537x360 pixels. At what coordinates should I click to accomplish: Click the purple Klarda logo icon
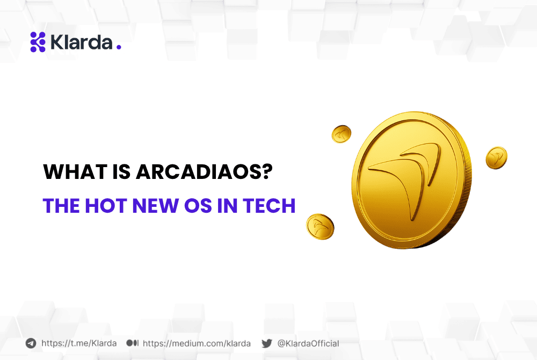point(38,42)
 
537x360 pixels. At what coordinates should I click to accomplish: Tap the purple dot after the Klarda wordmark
point(119,47)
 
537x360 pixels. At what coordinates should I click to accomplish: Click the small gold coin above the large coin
point(341,134)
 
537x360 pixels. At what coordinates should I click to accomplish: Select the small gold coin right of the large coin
point(496,157)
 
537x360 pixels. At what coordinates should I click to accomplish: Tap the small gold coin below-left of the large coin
point(320,226)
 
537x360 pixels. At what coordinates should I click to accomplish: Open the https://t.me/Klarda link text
point(79,343)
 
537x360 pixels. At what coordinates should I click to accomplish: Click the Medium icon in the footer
point(133,343)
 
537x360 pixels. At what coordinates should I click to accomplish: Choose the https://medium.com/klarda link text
point(197,343)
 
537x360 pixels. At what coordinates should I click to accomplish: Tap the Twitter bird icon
point(267,343)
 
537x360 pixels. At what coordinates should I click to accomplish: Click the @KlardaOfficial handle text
point(308,343)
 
